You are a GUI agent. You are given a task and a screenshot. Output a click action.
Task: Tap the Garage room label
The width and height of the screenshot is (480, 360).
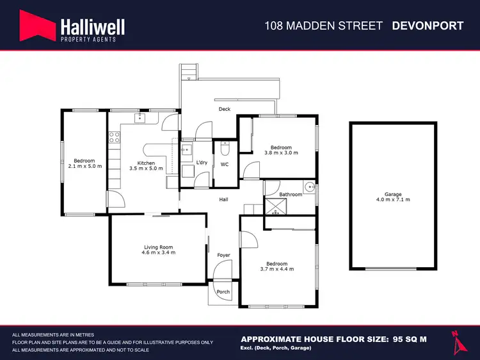(x=393, y=193)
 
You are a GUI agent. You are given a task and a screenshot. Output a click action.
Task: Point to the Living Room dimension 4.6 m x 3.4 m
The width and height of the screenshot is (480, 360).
(x=158, y=252)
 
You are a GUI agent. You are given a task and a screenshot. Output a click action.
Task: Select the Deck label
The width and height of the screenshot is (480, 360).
(x=224, y=109)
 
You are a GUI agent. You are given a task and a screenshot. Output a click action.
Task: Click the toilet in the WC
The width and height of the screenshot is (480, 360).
(x=224, y=149)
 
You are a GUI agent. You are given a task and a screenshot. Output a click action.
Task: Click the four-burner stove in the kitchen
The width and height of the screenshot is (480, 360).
(x=115, y=136)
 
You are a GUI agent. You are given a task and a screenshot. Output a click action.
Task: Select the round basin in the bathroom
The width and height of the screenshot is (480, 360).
(x=309, y=188)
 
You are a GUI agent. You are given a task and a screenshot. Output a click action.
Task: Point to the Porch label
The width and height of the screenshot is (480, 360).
(x=223, y=292)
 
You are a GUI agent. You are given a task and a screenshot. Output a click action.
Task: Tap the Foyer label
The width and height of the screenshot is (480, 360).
(x=223, y=255)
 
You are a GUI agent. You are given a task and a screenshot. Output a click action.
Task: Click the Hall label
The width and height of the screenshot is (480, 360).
(x=223, y=200)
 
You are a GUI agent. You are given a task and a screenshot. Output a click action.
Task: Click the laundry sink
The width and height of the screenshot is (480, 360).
(x=188, y=151)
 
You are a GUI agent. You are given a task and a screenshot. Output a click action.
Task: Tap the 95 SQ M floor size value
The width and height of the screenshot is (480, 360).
(x=404, y=339)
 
